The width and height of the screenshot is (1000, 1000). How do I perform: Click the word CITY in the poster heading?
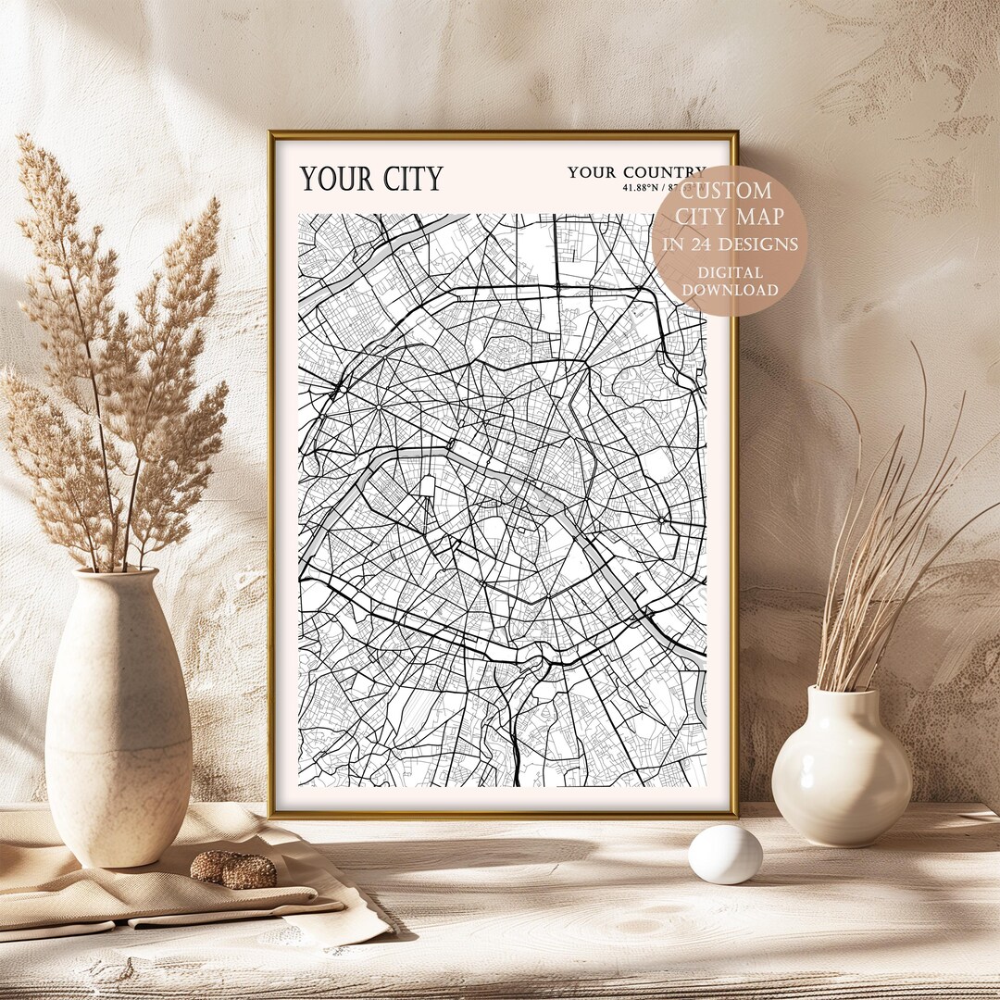pos(407,178)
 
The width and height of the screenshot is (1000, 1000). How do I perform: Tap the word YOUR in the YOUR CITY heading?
pos(333,178)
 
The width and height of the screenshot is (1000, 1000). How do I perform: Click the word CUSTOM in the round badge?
pos(727,192)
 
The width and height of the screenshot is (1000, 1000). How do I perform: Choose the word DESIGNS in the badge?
pos(765,245)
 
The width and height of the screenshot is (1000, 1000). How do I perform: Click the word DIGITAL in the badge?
pos(731,273)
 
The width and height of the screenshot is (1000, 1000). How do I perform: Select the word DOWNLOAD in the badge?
pos(731,290)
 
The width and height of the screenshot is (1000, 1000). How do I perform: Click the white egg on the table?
pos(725,854)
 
